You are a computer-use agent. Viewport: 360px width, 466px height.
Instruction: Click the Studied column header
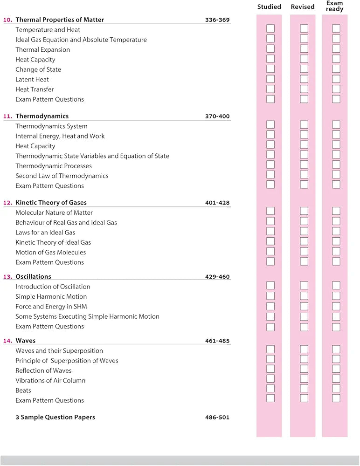pos(269,7)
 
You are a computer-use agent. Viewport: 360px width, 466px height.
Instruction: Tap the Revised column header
pos(303,7)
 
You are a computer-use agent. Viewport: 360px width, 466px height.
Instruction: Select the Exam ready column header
pos(335,6)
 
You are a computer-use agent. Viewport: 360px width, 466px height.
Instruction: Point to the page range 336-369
pos(217,20)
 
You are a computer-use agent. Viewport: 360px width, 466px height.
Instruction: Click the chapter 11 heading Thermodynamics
pos(42,116)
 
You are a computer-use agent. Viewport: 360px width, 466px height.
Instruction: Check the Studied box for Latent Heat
pos(270,79)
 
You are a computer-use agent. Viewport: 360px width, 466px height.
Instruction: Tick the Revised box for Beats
pos(304,388)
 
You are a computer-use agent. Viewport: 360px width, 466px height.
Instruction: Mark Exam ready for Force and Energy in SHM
pos(336,306)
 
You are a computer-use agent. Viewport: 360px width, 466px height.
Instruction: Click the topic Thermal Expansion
pos(42,50)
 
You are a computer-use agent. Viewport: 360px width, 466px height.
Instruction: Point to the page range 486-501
pos(217,418)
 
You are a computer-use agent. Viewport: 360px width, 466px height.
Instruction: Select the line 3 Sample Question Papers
pos(55,418)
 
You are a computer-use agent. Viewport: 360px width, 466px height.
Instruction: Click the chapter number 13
pos(7,277)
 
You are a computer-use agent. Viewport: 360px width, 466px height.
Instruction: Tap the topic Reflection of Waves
pos(43,371)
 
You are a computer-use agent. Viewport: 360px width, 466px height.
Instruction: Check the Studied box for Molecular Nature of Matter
pos(270,211)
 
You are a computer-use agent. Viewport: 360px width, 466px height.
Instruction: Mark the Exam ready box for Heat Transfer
pos(336,89)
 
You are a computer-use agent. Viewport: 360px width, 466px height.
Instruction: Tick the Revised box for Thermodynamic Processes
pos(304,164)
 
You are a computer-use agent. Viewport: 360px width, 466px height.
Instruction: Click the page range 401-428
pos(217,203)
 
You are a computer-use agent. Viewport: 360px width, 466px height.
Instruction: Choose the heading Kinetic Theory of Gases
pos(51,203)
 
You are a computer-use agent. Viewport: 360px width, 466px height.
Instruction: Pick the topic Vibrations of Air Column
pos(50,381)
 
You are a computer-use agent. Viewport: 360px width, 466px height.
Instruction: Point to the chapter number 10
pos(7,20)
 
